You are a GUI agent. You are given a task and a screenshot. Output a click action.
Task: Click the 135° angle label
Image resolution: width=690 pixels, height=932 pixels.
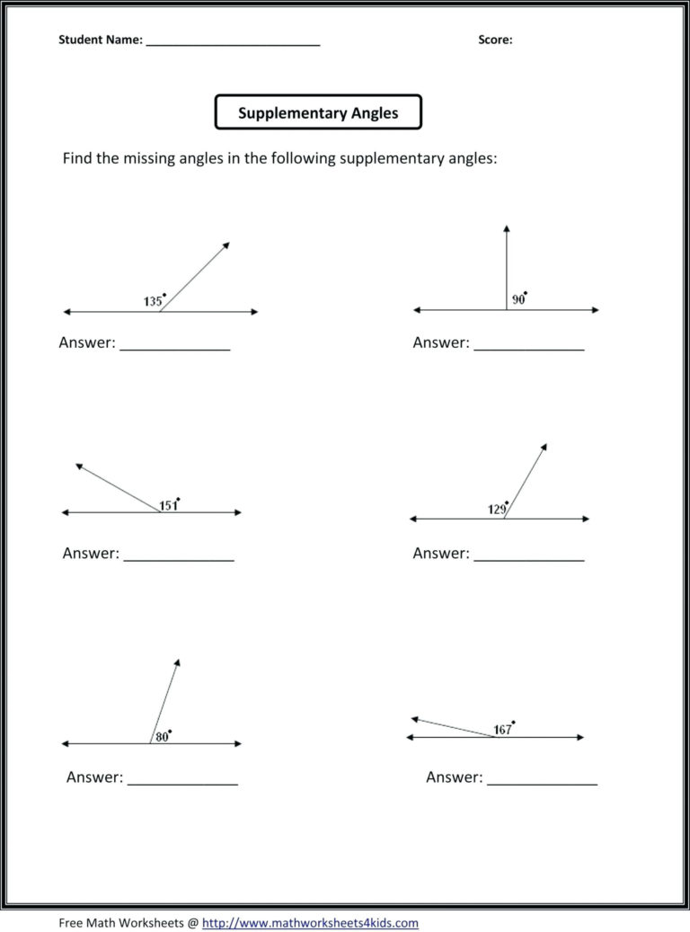pyautogui.click(x=154, y=301)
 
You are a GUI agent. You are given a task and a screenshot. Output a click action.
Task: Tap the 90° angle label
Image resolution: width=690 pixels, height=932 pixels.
pyautogui.click(x=518, y=299)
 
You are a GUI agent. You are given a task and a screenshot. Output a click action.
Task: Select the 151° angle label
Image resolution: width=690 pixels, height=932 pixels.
pyautogui.click(x=169, y=505)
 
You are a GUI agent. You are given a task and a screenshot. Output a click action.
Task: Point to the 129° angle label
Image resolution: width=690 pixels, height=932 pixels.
pyautogui.click(x=499, y=509)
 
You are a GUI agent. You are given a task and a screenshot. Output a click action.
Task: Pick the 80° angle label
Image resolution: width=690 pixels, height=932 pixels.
pyautogui.click(x=163, y=736)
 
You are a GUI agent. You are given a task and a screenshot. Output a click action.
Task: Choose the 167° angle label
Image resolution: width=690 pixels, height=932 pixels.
pyautogui.click(x=503, y=729)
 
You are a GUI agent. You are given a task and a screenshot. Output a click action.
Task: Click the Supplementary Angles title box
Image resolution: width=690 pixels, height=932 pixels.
pyautogui.click(x=318, y=113)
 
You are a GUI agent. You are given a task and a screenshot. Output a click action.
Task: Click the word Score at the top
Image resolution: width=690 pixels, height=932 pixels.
pyautogui.click(x=495, y=40)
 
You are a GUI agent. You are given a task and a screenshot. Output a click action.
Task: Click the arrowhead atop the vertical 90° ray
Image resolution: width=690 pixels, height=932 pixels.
pyautogui.click(x=506, y=228)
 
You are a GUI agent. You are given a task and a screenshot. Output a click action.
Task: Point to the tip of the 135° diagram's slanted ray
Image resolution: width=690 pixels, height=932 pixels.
pyautogui.click(x=226, y=244)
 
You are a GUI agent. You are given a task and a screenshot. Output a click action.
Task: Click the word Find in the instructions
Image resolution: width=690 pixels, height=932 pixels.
pyautogui.click(x=77, y=158)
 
